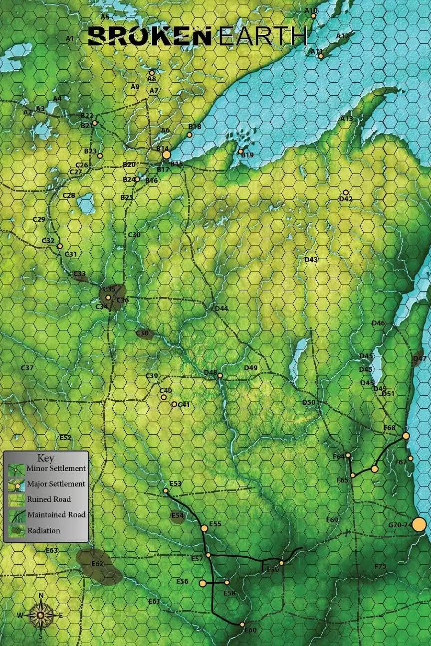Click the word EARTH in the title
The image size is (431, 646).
click(x=262, y=36)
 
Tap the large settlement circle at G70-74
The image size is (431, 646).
click(x=419, y=524)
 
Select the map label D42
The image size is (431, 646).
click(x=346, y=199)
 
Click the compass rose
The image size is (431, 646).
click(x=40, y=615)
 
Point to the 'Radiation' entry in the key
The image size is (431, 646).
click(x=44, y=530)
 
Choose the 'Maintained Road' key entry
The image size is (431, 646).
click(x=56, y=514)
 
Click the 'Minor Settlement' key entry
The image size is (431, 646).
click(x=56, y=468)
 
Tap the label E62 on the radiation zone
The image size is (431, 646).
click(x=97, y=564)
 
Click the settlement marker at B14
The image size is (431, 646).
click(x=167, y=155)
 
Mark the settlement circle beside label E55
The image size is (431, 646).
click(x=204, y=528)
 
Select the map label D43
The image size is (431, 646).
click(x=311, y=260)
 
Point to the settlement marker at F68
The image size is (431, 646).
click(x=406, y=436)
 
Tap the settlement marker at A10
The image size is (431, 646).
click(x=313, y=16)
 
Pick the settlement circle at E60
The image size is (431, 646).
click(x=242, y=624)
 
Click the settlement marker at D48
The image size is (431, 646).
click(x=219, y=376)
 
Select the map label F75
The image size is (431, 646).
click(x=380, y=566)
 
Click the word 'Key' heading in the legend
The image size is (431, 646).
click(x=46, y=458)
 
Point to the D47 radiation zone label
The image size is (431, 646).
click(x=420, y=358)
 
